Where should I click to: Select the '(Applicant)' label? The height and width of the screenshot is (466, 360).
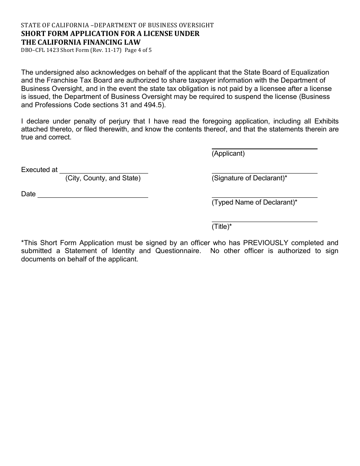tap(228, 153)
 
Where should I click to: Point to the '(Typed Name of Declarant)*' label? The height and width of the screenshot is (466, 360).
tap(254, 202)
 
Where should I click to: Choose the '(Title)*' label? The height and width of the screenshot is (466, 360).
tap(222, 227)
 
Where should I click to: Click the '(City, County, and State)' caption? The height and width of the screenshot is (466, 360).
tap(103, 178)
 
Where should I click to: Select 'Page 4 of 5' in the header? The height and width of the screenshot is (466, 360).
tap(138, 50)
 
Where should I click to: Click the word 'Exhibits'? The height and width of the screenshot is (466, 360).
tap(326, 121)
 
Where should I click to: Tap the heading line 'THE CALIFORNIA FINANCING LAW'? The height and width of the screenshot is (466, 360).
tap(81, 42)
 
